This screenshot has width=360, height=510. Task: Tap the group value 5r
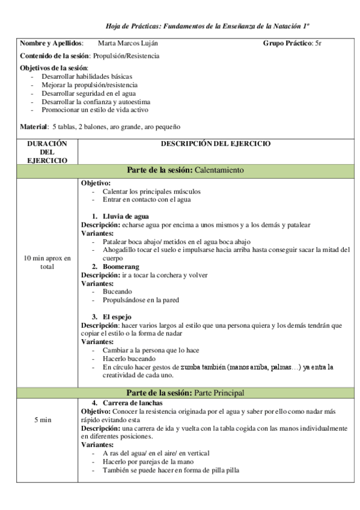click(319, 44)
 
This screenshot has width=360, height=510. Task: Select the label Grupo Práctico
click(287, 44)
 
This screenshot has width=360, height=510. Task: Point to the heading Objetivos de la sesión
click(53, 68)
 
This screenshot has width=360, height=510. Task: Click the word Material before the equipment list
click(34, 127)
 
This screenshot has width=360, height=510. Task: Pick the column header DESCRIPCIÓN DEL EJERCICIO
click(216, 144)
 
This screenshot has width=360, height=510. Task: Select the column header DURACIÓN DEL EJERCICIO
click(47, 152)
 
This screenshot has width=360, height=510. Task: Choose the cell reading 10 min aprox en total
click(47, 262)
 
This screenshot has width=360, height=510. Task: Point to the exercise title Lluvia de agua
click(126, 216)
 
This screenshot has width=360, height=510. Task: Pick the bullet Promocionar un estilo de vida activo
click(96, 110)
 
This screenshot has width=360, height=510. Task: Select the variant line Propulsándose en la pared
click(141, 300)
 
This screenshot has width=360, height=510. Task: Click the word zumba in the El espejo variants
click(191, 366)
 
